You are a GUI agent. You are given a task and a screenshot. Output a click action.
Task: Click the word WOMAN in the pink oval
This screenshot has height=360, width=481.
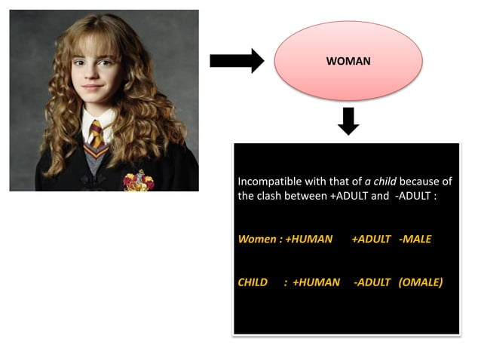tap(348, 61)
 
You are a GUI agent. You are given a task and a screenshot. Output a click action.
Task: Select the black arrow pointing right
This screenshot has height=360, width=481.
tap(236, 61)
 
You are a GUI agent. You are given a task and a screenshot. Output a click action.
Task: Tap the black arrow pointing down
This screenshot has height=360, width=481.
tap(348, 121)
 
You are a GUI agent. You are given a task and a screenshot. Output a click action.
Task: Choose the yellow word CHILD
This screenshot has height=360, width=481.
tap(253, 282)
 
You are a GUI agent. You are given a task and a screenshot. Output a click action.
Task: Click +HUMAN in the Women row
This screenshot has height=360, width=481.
tap(309, 239)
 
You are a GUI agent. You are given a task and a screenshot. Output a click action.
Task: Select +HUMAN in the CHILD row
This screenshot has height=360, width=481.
tap(317, 282)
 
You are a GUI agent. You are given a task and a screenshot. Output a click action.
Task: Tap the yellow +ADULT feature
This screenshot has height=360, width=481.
tap(371, 239)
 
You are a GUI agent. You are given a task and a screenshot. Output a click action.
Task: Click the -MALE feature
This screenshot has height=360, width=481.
tap(415, 239)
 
